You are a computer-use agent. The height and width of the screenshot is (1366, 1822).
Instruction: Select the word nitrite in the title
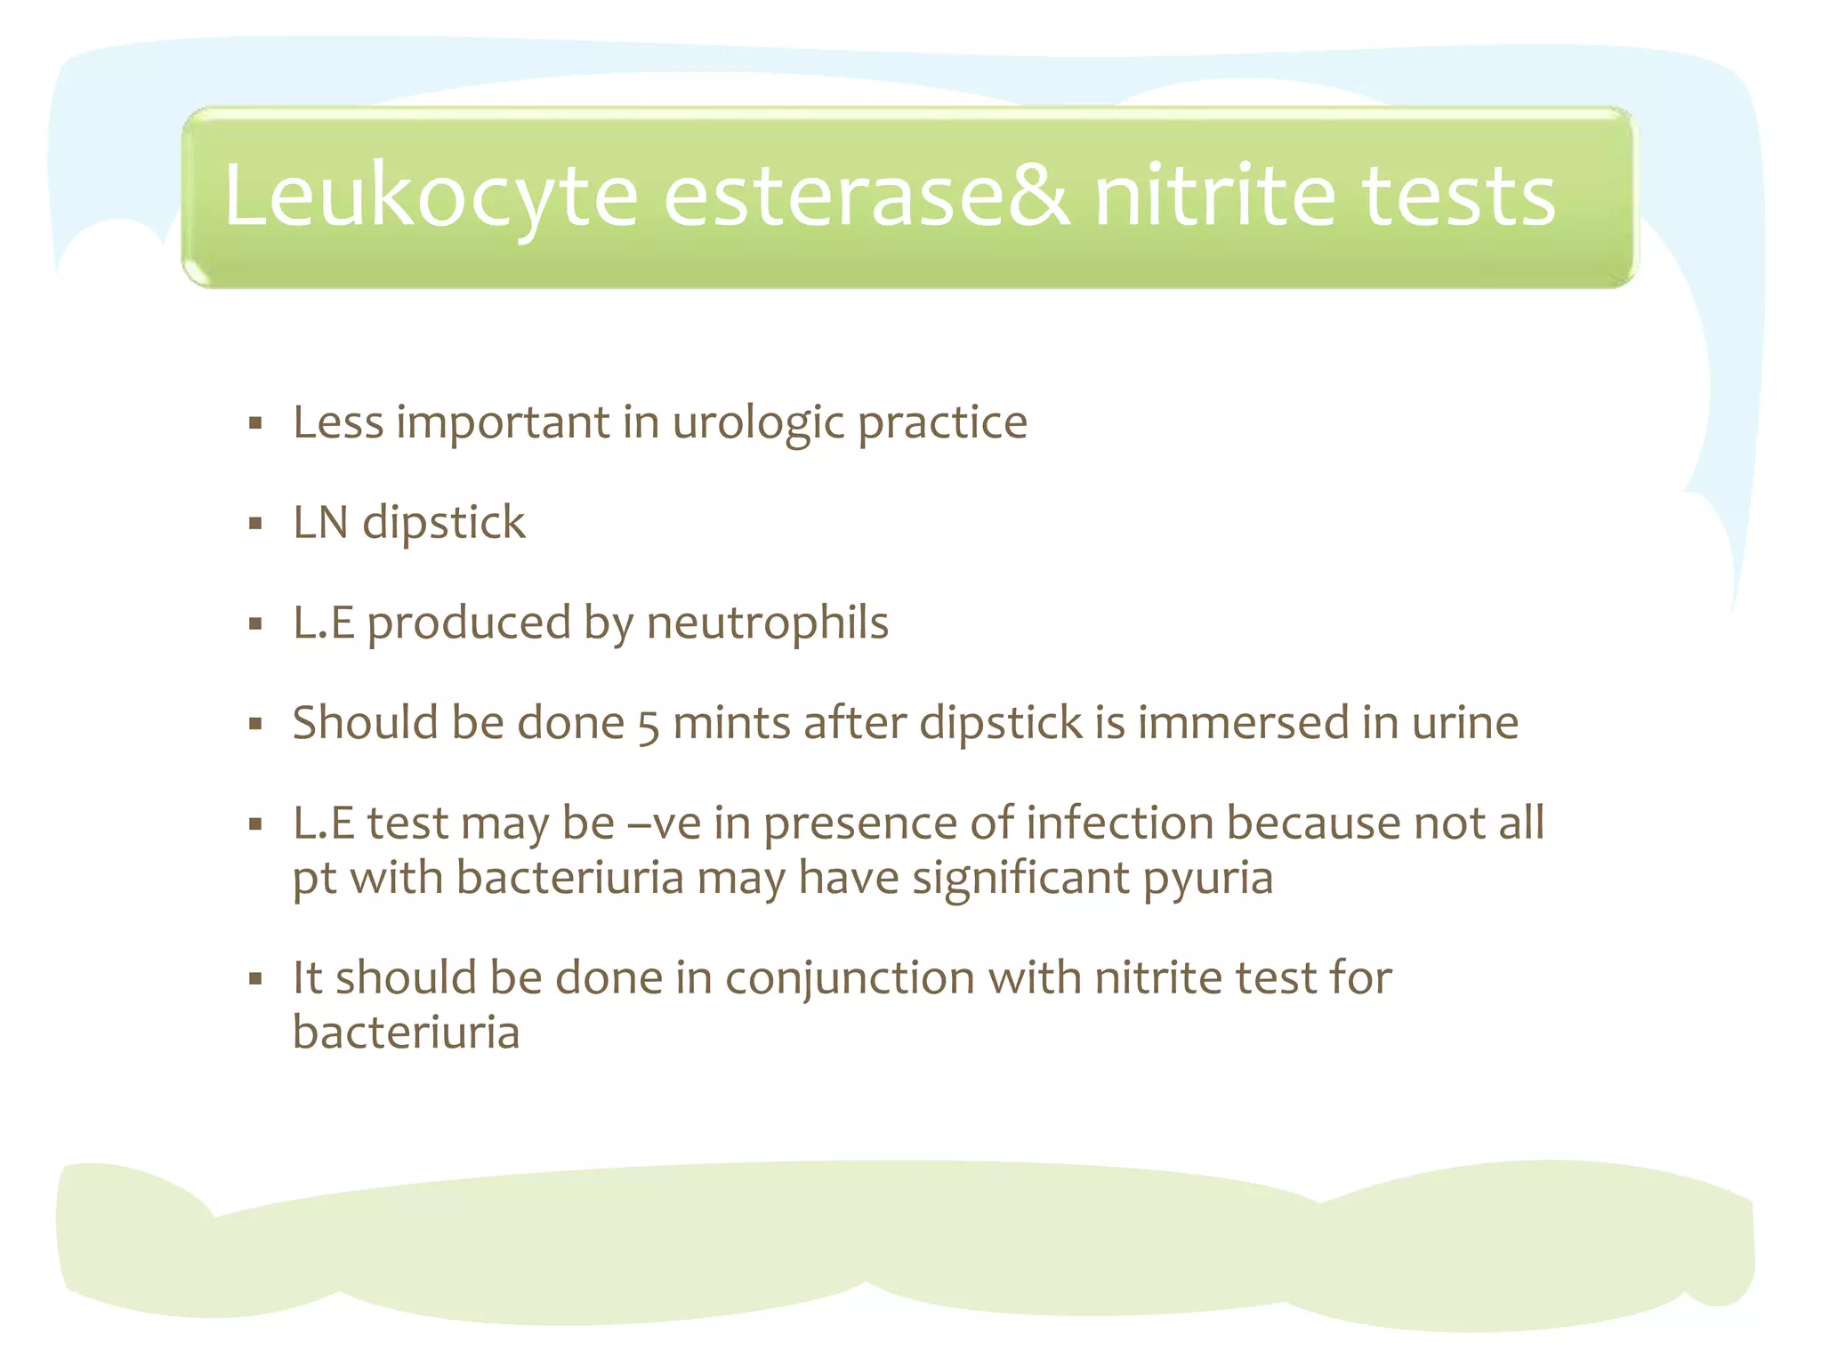click(1215, 196)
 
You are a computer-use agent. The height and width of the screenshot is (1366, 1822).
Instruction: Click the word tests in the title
click(1459, 196)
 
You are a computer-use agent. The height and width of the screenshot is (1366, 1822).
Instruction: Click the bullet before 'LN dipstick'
click(256, 524)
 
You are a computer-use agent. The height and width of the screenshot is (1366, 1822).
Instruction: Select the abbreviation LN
click(320, 522)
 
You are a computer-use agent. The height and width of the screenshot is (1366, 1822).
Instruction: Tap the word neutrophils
click(767, 623)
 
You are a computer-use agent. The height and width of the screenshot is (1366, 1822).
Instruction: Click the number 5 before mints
click(649, 726)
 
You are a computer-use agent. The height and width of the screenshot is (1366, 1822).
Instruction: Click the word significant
click(1020, 879)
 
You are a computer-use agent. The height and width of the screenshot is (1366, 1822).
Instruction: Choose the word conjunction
click(850, 978)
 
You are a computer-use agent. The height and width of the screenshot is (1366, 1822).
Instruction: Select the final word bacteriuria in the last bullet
click(406, 1033)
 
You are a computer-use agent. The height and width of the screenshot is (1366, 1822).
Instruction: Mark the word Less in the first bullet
click(338, 422)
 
